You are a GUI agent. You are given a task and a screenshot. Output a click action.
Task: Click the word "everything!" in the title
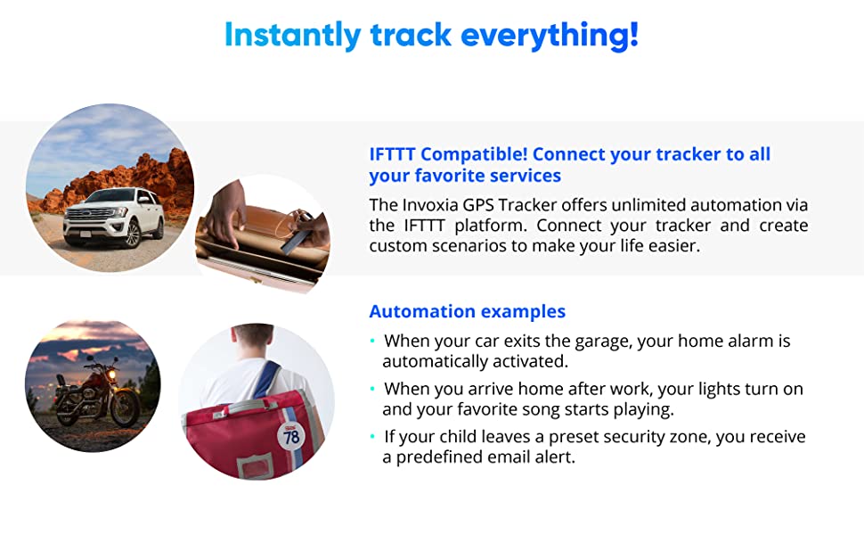point(550,36)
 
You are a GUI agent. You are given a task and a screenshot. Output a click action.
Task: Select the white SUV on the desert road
point(113,217)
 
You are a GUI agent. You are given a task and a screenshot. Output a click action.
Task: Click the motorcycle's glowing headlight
point(112,375)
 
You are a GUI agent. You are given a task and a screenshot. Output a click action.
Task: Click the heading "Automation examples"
point(468,311)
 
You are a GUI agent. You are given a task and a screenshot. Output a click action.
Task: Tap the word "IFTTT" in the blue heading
point(392,154)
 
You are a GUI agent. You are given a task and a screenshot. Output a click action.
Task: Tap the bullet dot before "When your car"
point(373,341)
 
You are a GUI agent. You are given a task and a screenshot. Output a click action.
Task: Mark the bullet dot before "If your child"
point(373,437)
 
